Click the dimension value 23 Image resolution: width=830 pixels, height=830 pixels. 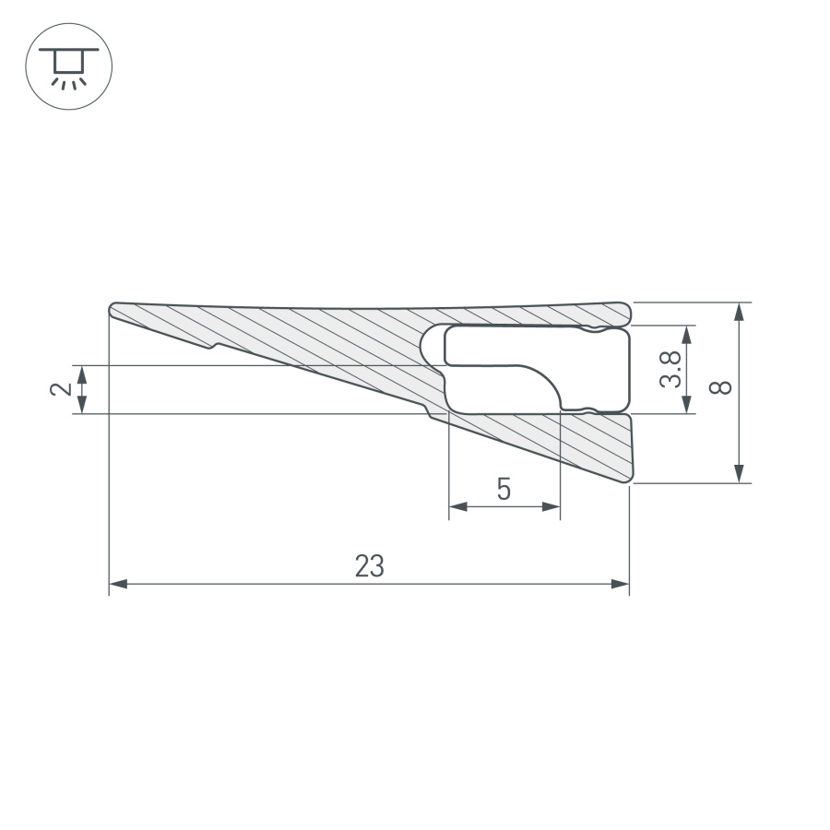point(369,566)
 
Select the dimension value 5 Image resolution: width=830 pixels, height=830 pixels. point(504,489)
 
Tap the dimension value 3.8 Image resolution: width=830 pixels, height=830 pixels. point(672,369)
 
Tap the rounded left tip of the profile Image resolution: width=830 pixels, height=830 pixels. point(113,310)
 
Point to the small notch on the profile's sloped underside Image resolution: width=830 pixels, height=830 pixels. point(214,347)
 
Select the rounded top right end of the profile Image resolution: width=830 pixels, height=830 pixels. point(624,313)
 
